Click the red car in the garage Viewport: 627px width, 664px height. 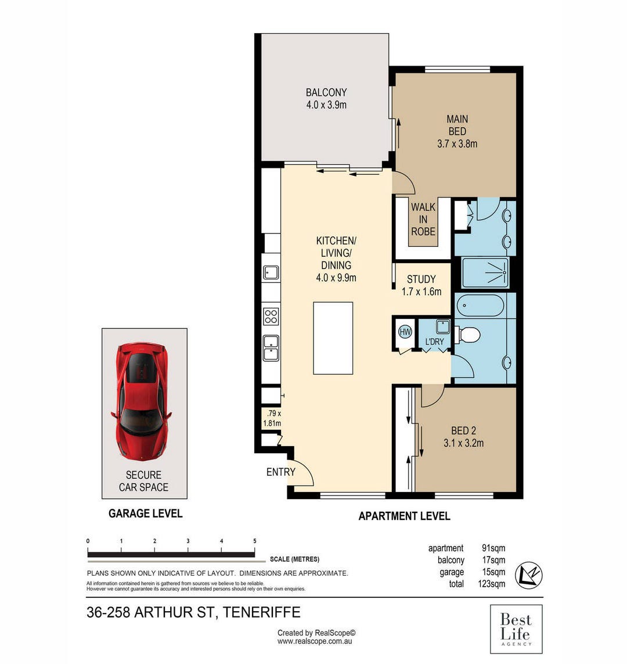[141, 401]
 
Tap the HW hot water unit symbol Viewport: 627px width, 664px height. [405, 332]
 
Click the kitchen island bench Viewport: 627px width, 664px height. [333, 338]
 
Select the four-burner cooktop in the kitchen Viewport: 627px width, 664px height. [271, 317]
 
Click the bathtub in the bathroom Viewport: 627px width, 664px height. [480, 306]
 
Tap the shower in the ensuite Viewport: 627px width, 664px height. [485, 272]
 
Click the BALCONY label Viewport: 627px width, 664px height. [326, 92]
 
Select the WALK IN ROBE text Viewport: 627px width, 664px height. [423, 220]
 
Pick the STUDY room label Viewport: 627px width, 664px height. [421, 279]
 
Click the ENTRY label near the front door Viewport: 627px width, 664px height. [280, 472]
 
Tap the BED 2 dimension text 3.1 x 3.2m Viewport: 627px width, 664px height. [463, 443]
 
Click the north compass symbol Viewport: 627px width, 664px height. [528, 575]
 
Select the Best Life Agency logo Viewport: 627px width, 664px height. [516, 629]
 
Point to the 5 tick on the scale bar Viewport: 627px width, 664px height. [255, 547]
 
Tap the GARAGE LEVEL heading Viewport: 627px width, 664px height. [146, 514]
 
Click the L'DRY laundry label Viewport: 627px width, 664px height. [434, 342]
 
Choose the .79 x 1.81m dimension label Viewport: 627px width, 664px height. [272, 418]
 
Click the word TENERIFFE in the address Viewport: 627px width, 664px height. [261, 612]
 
